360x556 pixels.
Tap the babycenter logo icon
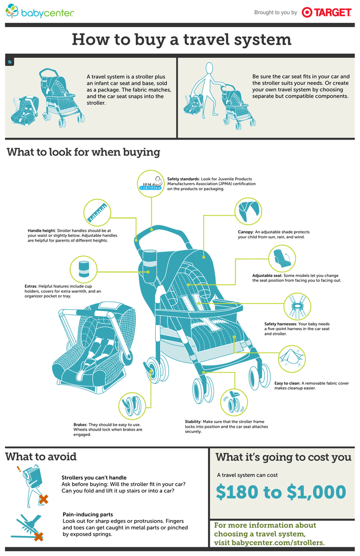[x=12, y=11]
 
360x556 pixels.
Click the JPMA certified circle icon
[x=150, y=185]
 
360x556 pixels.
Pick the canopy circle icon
[x=248, y=212]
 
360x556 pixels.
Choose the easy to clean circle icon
[x=292, y=359]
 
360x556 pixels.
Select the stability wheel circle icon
[x=235, y=402]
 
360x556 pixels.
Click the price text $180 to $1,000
[x=281, y=492]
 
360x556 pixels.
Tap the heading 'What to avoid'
[x=41, y=457]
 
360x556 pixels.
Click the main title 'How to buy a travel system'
[x=181, y=40]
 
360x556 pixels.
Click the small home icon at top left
[x=10, y=62]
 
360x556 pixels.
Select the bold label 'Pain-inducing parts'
[x=87, y=514]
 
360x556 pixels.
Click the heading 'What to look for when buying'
[x=83, y=152]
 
